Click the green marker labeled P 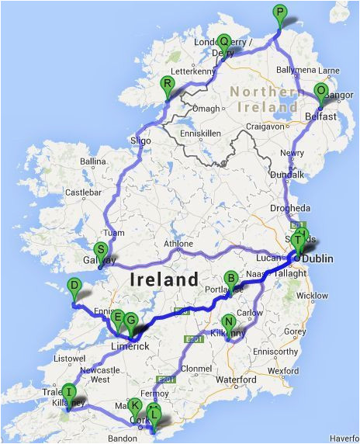pos(279,12)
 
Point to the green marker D pos(74,286)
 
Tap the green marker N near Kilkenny pos(228,322)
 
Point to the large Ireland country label pos(164,279)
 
